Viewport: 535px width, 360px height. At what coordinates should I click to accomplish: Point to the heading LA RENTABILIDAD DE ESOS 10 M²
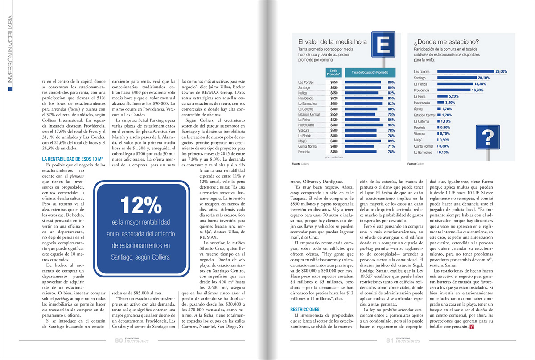[74, 158]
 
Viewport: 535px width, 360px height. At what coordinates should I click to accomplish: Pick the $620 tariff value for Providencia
[334, 98]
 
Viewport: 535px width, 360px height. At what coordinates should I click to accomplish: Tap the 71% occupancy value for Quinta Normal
[391, 146]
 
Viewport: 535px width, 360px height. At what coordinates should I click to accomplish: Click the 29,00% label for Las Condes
[501, 71]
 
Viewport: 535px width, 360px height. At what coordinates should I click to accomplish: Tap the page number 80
[119, 340]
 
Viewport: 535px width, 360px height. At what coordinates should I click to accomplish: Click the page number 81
[389, 340]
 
